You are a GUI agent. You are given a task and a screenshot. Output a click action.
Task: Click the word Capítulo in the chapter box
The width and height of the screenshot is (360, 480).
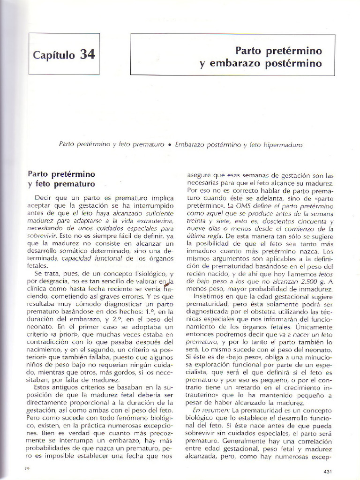pyautogui.click(x=53, y=55)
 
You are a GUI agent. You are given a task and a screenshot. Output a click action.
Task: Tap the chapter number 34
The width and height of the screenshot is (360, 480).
pyautogui.click(x=87, y=54)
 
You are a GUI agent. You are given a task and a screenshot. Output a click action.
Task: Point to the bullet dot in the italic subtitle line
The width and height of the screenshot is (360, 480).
pyautogui.click(x=169, y=145)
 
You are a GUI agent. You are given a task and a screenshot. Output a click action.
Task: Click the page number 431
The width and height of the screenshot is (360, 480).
pyautogui.click(x=328, y=471)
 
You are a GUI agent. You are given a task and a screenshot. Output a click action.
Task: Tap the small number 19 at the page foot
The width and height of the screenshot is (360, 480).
pyautogui.click(x=27, y=468)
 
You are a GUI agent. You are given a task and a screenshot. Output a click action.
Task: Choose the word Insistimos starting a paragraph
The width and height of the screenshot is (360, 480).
pyautogui.click(x=210, y=297)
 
